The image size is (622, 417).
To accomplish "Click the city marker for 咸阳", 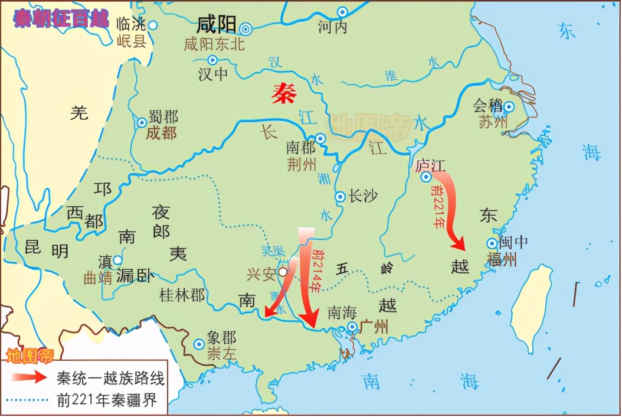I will pos(246,28).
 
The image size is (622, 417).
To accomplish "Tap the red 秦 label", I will pos(284,93).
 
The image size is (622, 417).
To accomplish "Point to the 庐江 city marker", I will pos(425,177).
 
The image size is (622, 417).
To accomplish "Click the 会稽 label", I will pos(487,106).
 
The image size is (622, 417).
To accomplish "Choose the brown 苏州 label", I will pos(492,123).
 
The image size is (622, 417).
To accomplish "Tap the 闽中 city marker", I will pos(492,243).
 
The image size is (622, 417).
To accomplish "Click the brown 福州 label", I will pos(502,259).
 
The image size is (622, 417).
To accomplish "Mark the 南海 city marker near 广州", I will pos(352,327).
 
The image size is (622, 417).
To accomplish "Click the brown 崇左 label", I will pos(222,354).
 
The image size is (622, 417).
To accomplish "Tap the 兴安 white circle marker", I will pos(284,272).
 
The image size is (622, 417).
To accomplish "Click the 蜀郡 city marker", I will pos(142,123).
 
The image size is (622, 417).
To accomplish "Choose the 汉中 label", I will pos(213,74).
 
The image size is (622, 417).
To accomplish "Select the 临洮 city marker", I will pos(153,25).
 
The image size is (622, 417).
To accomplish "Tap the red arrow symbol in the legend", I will pos(29,377).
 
